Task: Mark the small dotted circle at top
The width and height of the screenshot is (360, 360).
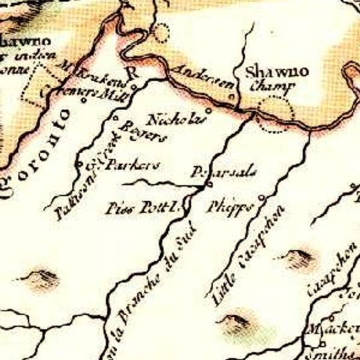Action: [x=162, y=33]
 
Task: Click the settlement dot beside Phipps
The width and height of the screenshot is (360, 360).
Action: [x=261, y=197]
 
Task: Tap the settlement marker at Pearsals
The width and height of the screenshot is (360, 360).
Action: [x=209, y=184]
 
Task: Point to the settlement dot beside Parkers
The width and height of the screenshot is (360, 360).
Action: [x=79, y=164]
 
